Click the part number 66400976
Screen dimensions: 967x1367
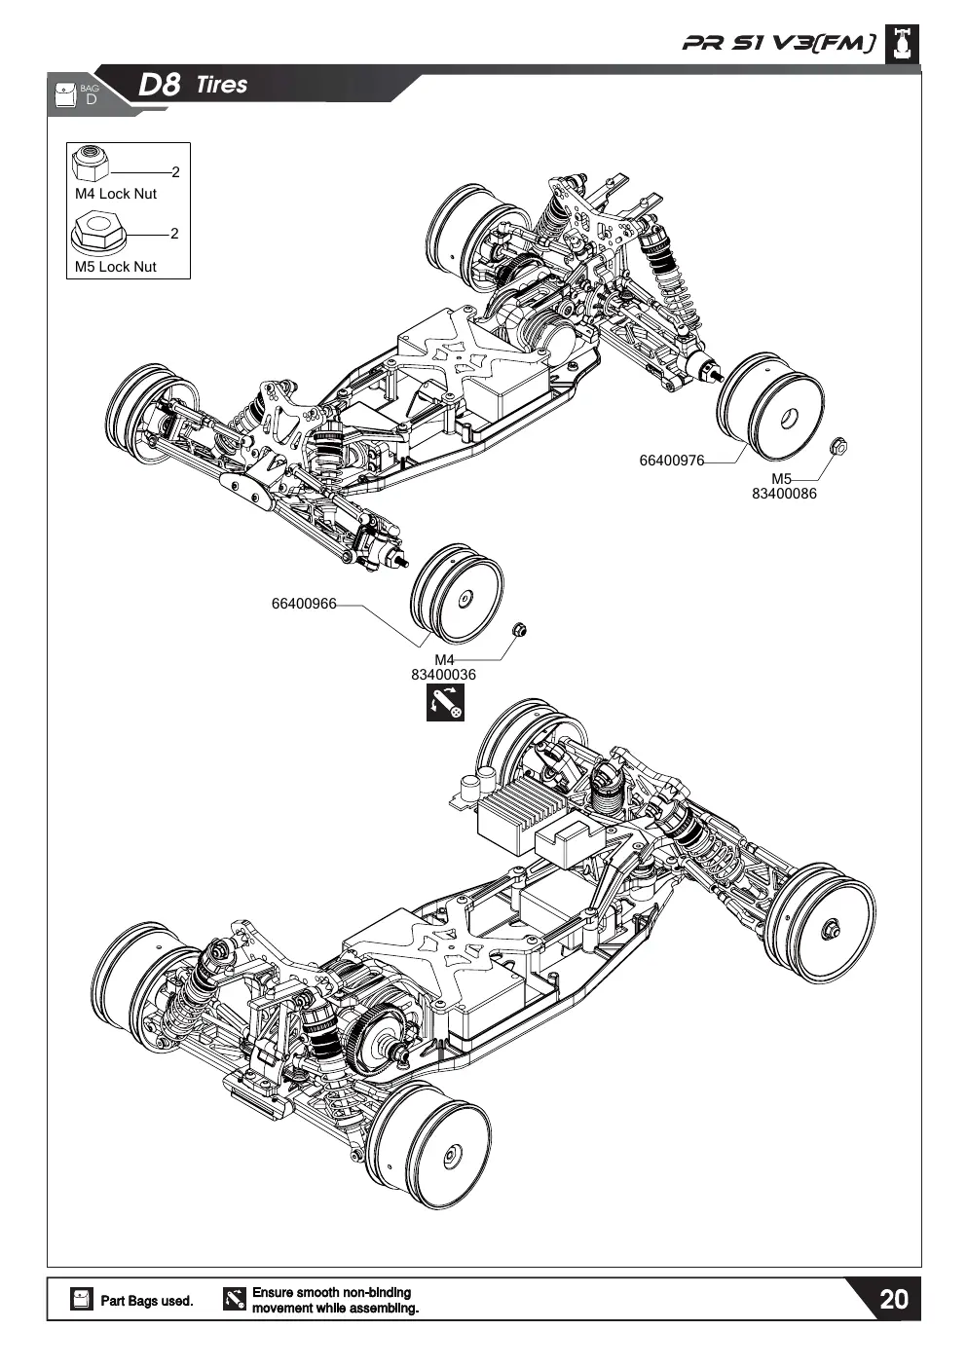click(x=672, y=461)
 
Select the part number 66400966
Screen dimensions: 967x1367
click(x=304, y=604)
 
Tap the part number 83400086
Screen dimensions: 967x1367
click(x=784, y=494)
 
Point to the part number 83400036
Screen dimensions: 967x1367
click(x=443, y=675)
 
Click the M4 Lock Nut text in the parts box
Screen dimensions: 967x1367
click(x=115, y=194)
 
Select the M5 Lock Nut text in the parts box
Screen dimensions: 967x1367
click(x=115, y=267)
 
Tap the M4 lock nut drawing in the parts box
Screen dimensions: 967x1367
click(x=91, y=164)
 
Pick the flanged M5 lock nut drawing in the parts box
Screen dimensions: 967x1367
click(x=97, y=232)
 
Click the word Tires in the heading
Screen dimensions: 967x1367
click(x=222, y=85)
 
